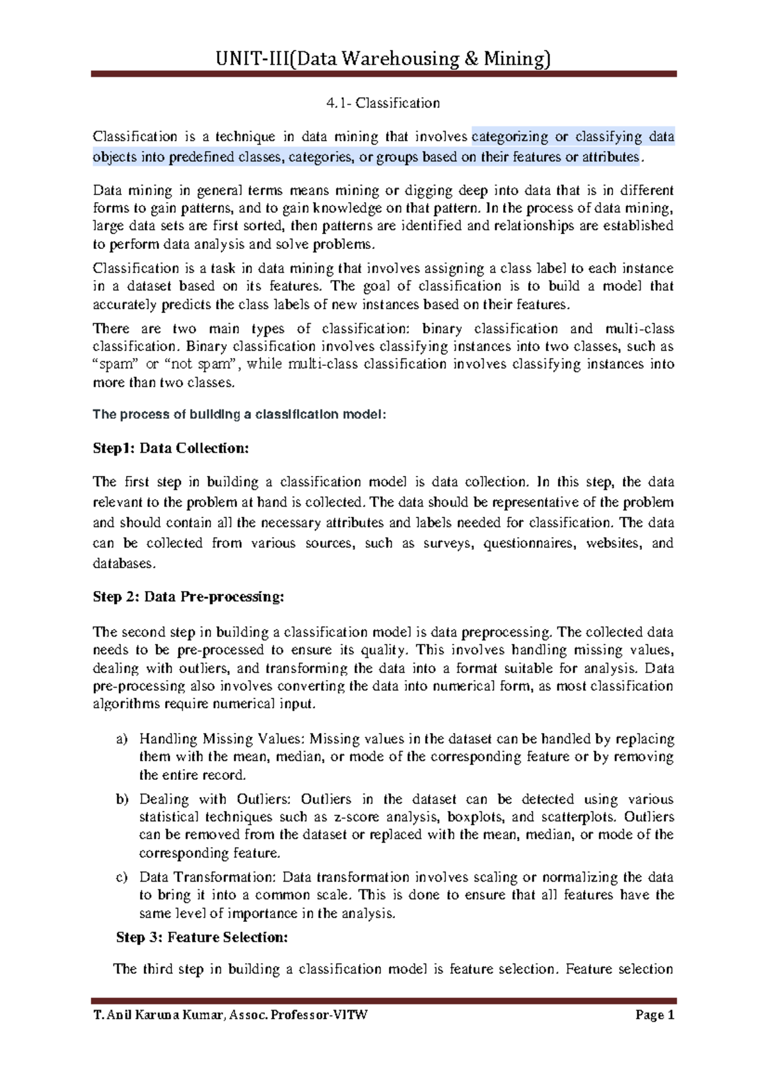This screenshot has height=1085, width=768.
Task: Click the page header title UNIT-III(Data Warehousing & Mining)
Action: [x=383, y=59]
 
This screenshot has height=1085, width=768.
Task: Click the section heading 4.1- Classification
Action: [x=383, y=103]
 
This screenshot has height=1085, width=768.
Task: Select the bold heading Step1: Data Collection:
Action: [x=170, y=448]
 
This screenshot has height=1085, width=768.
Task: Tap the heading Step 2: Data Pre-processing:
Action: [x=188, y=597]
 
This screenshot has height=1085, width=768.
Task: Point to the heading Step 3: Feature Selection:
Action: [x=202, y=937]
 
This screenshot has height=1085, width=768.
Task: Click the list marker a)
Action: [x=122, y=740]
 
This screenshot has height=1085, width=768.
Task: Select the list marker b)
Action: [x=122, y=800]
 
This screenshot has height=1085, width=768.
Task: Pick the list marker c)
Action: [x=122, y=878]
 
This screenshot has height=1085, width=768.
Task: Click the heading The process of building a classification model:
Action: [x=239, y=415]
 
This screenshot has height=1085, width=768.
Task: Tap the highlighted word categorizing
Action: [x=509, y=137]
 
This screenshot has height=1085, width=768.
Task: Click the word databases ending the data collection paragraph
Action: [x=123, y=564]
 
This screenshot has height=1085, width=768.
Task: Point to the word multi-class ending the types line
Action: [x=639, y=329]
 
